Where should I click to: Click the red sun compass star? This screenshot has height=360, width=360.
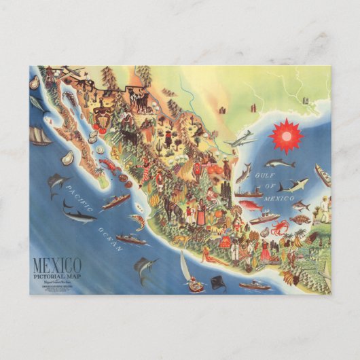point(285,136)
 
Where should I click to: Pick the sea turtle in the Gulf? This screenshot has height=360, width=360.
point(300,219)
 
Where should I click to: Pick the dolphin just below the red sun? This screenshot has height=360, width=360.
point(280,163)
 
